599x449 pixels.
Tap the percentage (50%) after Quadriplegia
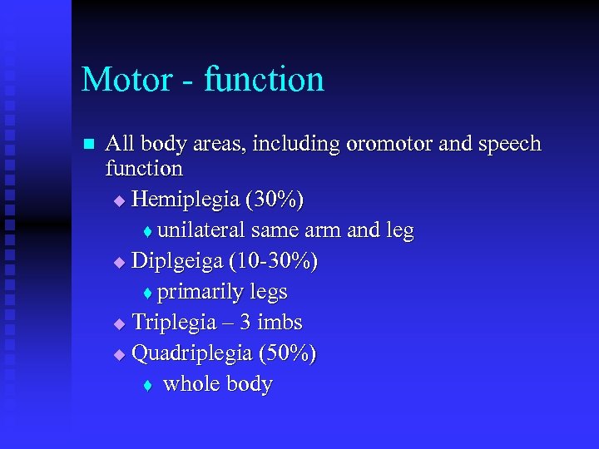click(x=287, y=353)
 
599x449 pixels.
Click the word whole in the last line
click(x=190, y=384)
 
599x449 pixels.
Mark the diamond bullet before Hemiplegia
click(x=119, y=200)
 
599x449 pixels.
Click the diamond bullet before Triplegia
click(x=119, y=323)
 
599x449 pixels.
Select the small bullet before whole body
click(x=147, y=385)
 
